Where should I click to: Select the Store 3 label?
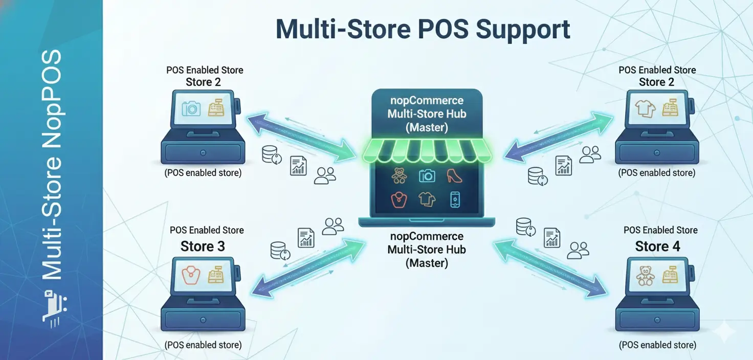pos(203,246)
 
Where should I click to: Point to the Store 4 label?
pos(657,246)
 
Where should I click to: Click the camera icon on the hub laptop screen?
pos(427,176)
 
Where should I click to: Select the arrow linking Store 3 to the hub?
pos(309,267)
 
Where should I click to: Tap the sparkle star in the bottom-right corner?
pos(726,332)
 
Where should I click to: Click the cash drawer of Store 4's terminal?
pos(657,320)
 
